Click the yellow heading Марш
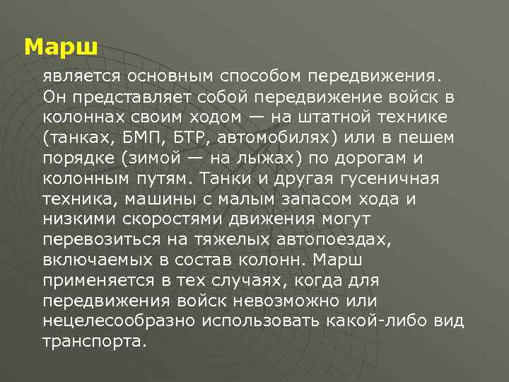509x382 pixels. (x=60, y=47)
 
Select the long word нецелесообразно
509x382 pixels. (x=120, y=322)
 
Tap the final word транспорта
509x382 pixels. (x=95, y=342)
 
